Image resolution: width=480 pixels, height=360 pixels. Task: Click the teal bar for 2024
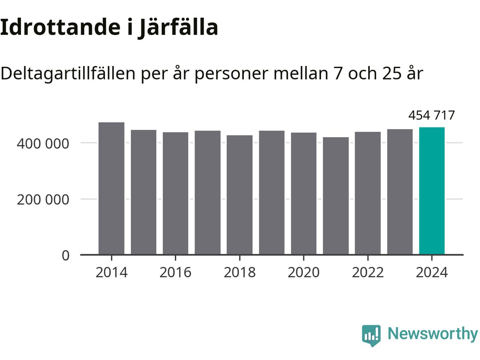click(x=432, y=191)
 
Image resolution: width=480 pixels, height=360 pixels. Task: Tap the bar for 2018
click(x=240, y=195)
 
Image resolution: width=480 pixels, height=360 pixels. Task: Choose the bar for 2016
click(x=175, y=193)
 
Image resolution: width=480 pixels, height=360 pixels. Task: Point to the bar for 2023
click(x=400, y=192)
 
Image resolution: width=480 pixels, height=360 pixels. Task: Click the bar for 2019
click(x=271, y=192)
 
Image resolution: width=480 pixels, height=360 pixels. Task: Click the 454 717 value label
click(x=431, y=115)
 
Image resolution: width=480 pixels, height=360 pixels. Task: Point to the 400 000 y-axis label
click(x=43, y=143)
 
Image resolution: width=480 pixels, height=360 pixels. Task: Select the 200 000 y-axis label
click(x=43, y=199)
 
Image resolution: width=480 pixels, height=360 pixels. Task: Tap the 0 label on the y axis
click(x=66, y=255)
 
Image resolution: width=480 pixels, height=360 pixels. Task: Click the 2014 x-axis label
click(x=111, y=272)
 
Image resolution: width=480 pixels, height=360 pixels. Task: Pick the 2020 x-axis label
click(x=303, y=272)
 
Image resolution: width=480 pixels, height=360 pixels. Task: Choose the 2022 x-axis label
click(x=367, y=272)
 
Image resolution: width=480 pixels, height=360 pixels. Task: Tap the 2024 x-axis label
click(x=432, y=272)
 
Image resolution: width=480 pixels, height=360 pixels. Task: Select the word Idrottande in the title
click(x=58, y=27)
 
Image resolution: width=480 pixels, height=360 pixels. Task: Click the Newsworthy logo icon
click(x=371, y=335)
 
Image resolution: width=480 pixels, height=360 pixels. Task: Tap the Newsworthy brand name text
click(x=432, y=333)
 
